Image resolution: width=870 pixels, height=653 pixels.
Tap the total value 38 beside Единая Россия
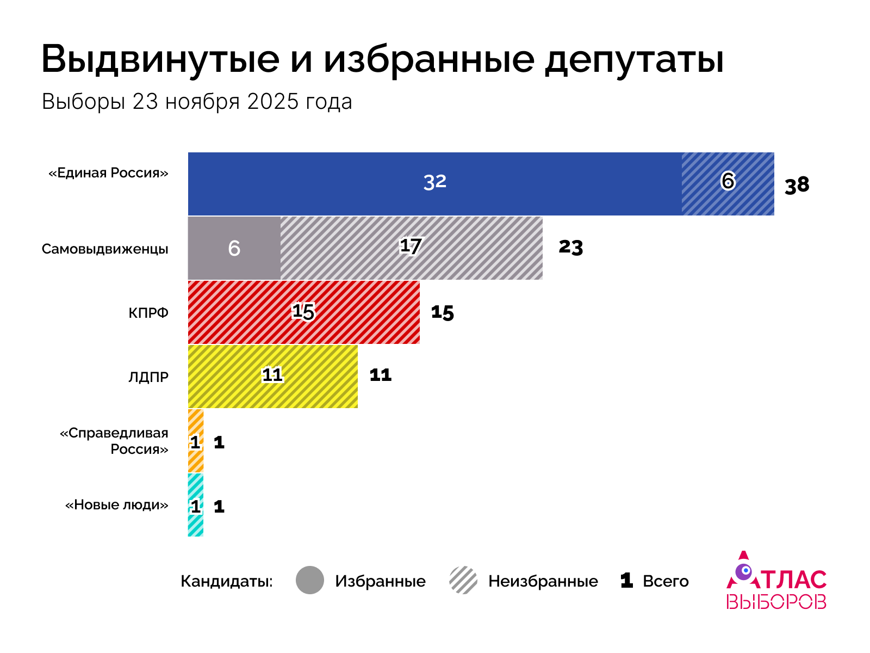(x=797, y=186)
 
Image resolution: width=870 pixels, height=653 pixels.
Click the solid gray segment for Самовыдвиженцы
(x=234, y=248)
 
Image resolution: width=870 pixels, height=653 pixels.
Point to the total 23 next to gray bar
(x=570, y=247)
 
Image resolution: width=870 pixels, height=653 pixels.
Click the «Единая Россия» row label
(x=108, y=173)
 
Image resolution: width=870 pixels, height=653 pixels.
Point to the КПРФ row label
(x=148, y=313)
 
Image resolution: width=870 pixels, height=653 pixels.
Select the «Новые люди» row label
(x=116, y=505)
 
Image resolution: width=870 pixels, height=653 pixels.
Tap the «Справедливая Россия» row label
(x=114, y=441)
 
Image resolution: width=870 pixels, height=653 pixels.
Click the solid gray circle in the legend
(x=310, y=580)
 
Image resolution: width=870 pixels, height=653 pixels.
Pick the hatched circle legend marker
(x=463, y=580)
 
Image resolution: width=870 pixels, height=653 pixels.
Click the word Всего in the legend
(x=666, y=581)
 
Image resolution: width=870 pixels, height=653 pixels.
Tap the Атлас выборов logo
(x=776, y=581)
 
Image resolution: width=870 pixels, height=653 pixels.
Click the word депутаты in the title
(x=634, y=59)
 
